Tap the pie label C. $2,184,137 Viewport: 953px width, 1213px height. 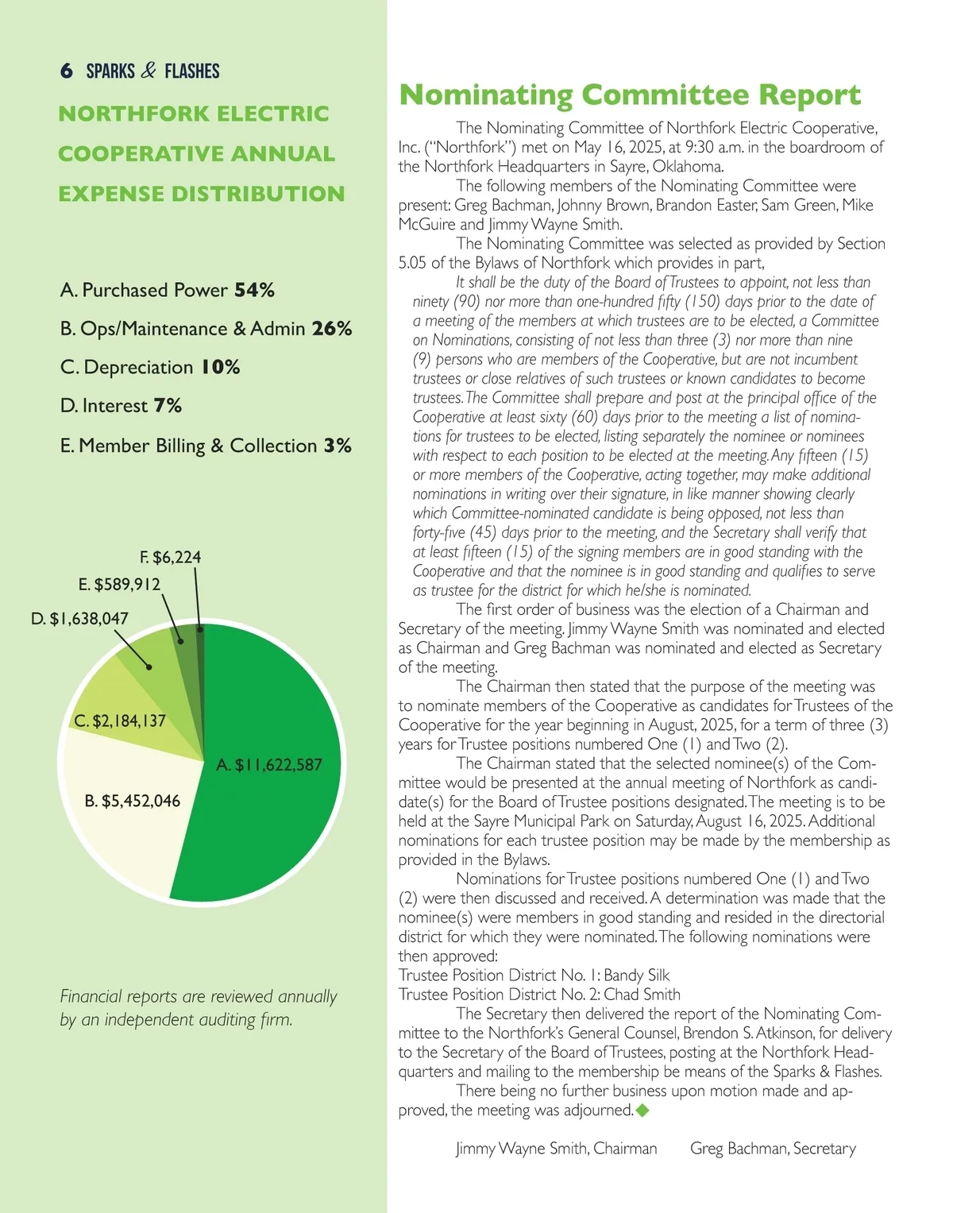point(120,721)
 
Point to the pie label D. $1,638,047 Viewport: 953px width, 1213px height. point(79,619)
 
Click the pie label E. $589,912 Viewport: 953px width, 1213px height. point(119,585)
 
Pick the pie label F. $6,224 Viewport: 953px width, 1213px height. point(171,558)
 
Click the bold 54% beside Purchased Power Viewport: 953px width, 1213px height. point(254,290)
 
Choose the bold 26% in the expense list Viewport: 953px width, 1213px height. point(332,329)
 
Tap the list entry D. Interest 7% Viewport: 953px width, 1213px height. point(121,406)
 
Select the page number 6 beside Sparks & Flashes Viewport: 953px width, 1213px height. point(67,71)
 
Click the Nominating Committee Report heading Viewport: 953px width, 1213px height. point(629,95)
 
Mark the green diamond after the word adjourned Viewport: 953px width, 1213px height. point(642,1111)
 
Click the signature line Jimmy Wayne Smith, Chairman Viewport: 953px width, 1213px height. point(556,1149)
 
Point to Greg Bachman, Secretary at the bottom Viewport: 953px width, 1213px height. point(773,1149)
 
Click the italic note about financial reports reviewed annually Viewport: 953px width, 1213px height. point(199,1007)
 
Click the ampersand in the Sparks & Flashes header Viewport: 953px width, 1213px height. point(149,71)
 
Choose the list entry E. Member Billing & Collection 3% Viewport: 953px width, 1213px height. point(206,446)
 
